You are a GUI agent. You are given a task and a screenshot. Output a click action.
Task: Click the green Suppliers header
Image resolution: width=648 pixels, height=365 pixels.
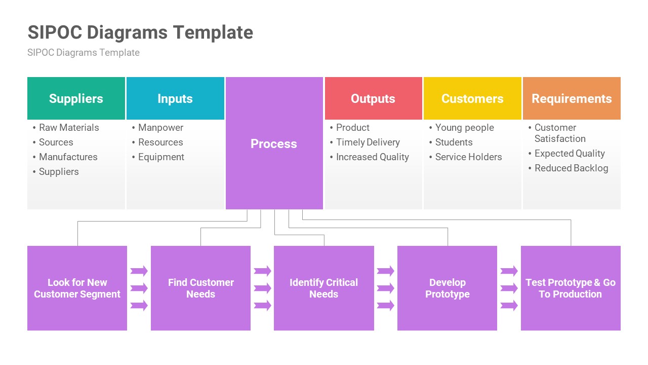[76, 98]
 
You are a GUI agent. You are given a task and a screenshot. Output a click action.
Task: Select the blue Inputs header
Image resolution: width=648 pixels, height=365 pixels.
[175, 98]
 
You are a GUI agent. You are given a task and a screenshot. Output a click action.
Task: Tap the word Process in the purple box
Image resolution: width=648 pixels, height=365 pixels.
[274, 143]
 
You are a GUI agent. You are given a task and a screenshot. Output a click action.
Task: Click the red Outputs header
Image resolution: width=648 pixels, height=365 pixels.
[373, 98]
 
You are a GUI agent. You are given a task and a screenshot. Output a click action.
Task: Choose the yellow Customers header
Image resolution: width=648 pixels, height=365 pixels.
[472, 98]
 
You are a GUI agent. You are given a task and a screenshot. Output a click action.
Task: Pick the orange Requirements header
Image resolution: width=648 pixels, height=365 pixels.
[572, 98]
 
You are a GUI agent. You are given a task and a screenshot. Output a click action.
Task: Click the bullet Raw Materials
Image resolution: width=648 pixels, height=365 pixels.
[69, 128]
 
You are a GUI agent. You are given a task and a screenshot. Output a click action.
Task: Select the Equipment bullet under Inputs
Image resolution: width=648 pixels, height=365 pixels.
[161, 157]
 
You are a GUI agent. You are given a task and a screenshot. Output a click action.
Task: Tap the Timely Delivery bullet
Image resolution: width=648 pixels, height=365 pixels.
[368, 142]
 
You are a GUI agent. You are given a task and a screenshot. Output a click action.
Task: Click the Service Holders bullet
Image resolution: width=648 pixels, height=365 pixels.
[468, 157]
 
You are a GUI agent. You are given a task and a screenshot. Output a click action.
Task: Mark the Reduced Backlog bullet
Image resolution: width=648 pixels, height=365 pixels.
[571, 168]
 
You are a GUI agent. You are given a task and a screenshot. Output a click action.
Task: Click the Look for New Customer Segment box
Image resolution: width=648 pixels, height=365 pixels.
[77, 288]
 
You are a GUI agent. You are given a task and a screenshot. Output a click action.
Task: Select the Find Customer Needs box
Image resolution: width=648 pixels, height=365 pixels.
[200, 288]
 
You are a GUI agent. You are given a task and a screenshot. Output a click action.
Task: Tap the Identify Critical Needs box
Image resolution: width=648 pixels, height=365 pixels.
[324, 288]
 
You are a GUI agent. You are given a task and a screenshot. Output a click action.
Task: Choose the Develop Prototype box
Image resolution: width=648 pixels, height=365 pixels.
[447, 288]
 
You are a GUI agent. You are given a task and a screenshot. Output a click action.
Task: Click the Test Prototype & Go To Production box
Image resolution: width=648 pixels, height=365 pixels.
[571, 288]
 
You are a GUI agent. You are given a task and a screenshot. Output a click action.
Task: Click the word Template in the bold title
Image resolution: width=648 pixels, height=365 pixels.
[213, 32]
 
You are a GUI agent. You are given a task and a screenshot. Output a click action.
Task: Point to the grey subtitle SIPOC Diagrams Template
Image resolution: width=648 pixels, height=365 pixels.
[84, 53]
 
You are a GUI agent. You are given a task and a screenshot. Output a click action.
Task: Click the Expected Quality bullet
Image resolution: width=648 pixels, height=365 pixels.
[570, 154]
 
